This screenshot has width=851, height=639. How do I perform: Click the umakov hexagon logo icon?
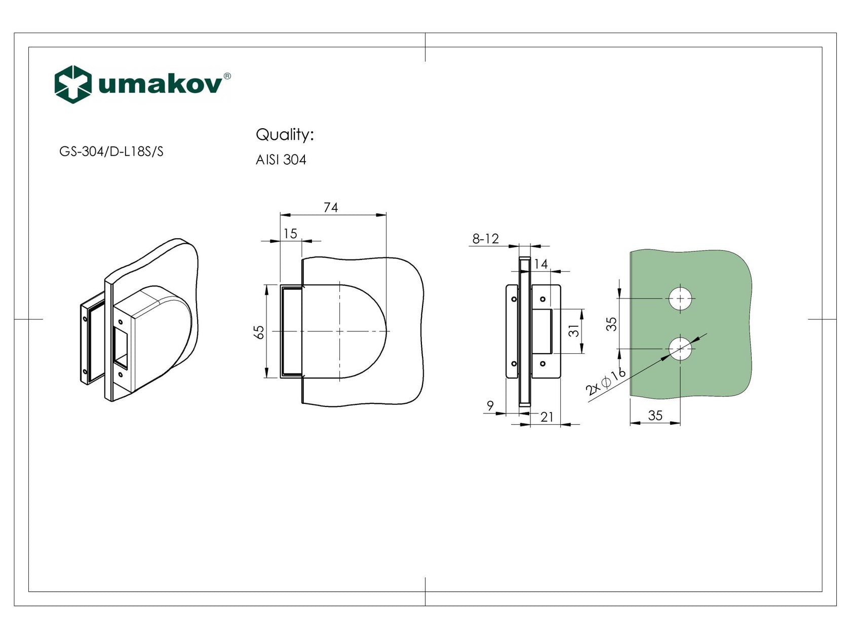(72, 84)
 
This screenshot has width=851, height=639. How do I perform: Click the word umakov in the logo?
(160, 85)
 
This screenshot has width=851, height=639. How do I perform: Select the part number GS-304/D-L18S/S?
(111, 152)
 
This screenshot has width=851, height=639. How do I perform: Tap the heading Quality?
(285, 135)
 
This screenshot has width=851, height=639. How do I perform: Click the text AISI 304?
(281, 160)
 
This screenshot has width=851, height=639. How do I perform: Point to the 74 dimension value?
(330, 208)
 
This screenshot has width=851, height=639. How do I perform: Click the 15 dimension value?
(290, 234)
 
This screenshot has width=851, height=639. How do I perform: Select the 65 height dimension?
(259, 332)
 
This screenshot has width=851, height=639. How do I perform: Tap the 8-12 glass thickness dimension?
(485, 239)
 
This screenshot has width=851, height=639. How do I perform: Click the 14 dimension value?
(540, 264)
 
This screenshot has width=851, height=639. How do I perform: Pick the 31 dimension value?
(573, 331)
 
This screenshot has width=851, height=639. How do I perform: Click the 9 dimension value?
(490, 406)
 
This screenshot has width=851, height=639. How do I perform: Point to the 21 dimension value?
(547, 417)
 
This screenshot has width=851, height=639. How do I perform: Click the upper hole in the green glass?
(680, 298)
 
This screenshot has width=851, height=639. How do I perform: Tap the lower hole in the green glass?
(680, 349)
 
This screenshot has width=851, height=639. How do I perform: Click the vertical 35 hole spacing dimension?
(612, 324)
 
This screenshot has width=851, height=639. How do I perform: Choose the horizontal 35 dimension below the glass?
(655, 416)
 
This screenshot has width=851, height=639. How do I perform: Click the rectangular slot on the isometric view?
(122, 347)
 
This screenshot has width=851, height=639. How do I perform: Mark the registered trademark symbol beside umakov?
(227, 76)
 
